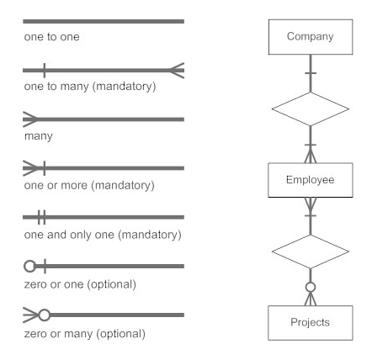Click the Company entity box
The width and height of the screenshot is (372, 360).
(311, 37)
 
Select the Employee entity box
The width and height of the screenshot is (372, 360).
(311, 180)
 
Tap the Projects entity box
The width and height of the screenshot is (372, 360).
(311, 323)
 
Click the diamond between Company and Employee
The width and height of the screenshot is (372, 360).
(311, 109)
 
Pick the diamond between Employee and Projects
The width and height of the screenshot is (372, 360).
(311, 251)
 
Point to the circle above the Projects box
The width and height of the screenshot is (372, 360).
(311, 287)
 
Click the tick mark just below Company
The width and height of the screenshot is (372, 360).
(311, 73)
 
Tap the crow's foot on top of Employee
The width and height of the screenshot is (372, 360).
(311, 156)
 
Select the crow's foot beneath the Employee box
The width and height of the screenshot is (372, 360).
(311, 204)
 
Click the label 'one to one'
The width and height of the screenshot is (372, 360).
(52, 37)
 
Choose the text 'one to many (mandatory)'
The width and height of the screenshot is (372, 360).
(90, 87)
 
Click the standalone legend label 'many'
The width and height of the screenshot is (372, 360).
(39, 136)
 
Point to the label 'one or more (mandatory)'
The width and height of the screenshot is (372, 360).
(89, 186)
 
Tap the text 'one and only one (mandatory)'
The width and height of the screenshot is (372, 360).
(103, 235)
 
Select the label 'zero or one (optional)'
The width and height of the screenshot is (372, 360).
(80, 284)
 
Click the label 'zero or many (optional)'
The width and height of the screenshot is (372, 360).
(85, 334)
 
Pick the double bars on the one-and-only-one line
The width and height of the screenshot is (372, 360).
(42, 217)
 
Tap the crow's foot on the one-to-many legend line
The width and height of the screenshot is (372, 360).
(177, 71)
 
